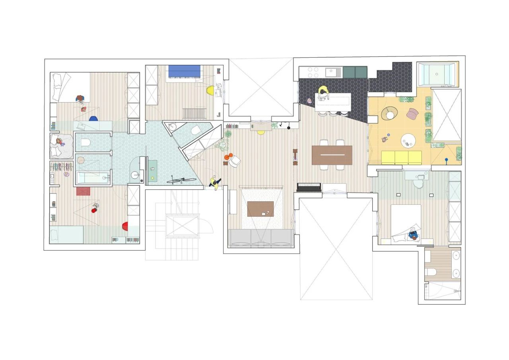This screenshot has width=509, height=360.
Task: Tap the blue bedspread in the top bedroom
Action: pyautogui.click(x=185, y=71)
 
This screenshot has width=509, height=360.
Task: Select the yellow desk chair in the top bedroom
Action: pyautogui.click(x=211, y=91)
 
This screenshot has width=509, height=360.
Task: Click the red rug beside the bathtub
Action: pyautogui.click(x=83, y=191)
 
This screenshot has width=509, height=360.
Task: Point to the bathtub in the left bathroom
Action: pyautogui.click(x=92, y=177)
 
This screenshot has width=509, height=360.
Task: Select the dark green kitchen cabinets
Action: pyautogui.click(x=355, y=72)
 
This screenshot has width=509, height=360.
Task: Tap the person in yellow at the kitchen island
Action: pyautogui.click(x=323, y=92)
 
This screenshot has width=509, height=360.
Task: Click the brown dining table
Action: pyautogui.click(x=332, y=155)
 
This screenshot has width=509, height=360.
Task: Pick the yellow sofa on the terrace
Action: pyautogui.click(x=402, y=158)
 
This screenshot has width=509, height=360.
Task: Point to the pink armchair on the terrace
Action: pyautogui.click(x=412, y=114)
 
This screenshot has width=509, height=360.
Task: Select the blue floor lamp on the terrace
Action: pyautogui.click(x=447, y=161)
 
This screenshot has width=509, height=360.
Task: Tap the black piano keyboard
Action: pyautogui.click(x=309, y=187)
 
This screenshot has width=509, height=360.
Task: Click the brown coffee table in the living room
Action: pyautogui.click(x=260, y=209)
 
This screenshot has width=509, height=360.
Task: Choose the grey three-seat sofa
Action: pyautogui.click(x=261, y=238)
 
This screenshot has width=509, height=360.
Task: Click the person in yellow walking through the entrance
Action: pyautogui.click(x=215, y=183)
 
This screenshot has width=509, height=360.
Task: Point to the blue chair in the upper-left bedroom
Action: pyautogui.click(x=93, y=119)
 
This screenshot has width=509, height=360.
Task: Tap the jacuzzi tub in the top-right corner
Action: pyautogui.click(x=437, y=74)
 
